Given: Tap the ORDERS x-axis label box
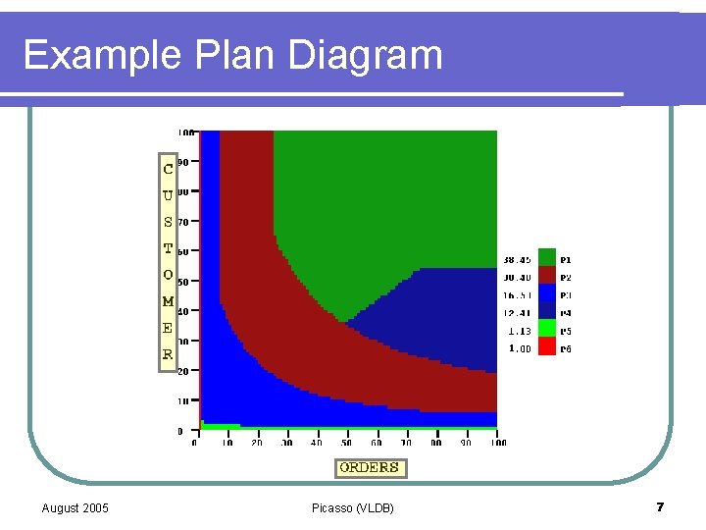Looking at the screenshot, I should (370, 468).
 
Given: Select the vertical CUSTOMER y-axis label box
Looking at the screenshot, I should (168, 262).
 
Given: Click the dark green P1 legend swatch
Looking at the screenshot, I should (547, 259).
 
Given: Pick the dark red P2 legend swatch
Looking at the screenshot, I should (547, 277).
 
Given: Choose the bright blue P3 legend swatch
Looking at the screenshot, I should (547, 294).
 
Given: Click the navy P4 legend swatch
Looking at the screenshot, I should (547, 312).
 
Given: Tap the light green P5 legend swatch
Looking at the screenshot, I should (547, 331).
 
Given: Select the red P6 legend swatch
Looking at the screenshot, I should (547, 348).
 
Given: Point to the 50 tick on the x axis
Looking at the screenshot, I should (346, 443).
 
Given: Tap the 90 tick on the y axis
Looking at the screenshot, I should (183, 162).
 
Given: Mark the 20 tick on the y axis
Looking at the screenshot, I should (183, 371).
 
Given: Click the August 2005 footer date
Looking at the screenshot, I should (76, 507).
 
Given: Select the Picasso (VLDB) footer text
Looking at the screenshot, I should (352, 507).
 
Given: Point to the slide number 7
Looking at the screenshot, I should (660, 507).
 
